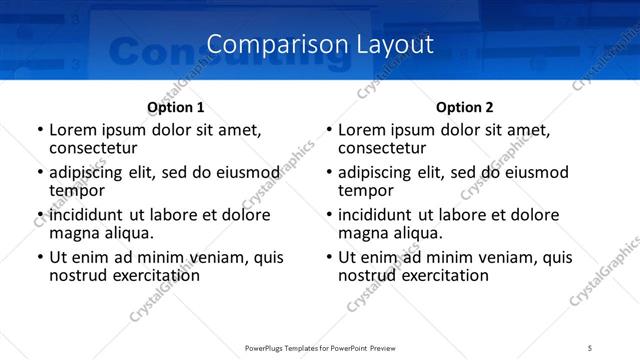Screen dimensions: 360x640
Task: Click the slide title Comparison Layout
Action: click(320, 44)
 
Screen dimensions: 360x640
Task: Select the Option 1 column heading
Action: click(176, 107)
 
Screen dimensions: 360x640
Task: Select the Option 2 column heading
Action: click(465, 107)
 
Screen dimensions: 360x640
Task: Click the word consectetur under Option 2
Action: click(382, 148)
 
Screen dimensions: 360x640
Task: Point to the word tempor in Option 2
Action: click(366, 190)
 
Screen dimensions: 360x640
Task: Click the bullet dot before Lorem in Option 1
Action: click(39, 130)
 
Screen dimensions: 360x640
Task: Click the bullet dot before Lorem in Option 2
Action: click(328, 130)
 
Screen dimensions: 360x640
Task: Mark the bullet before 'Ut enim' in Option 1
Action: click(39, 257)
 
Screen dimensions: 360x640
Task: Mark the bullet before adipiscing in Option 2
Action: click(328, 172)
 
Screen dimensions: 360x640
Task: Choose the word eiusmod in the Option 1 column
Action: click(241, 172)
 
